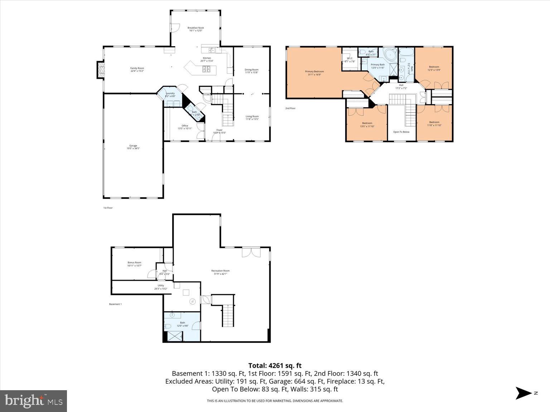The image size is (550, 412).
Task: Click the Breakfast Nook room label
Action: pyautogui.click(x=196, y=29)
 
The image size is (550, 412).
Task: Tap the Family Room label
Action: pyautogui.click(x=137, y=69)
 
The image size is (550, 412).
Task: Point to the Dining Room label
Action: pyautogui.click(x=251, y=71)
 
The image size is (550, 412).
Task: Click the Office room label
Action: pyautogui.click(x=185, y=127)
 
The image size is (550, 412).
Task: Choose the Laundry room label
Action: pyautogui.click(x=170, y=95)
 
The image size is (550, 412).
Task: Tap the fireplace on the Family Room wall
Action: pyautogui.click(x=100, y=70)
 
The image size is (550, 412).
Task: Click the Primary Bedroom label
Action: pyautogui.click(x=314, y=73)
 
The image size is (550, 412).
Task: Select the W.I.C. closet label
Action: pyautogui.click(x=349, y=60)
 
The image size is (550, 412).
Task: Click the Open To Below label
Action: pyautogui.click(x=401, y=132)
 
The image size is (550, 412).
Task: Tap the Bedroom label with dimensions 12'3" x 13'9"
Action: pyautogui.click(x=434, y=68)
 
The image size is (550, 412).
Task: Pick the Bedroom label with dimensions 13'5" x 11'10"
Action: pyautogui.click(x=367, y=124)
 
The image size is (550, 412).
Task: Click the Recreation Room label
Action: pyautogui.click(x=220, y=272)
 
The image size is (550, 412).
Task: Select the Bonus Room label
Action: pyautogui.click(x=134, y=264)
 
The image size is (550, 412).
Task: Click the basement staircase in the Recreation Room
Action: pyautogui.click(x=227, y=315)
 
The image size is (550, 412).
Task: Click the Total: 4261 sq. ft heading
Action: pyautogui.click(x=275, y=365)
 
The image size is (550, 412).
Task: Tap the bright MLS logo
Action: pyautogui.click(x=34, y=401)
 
